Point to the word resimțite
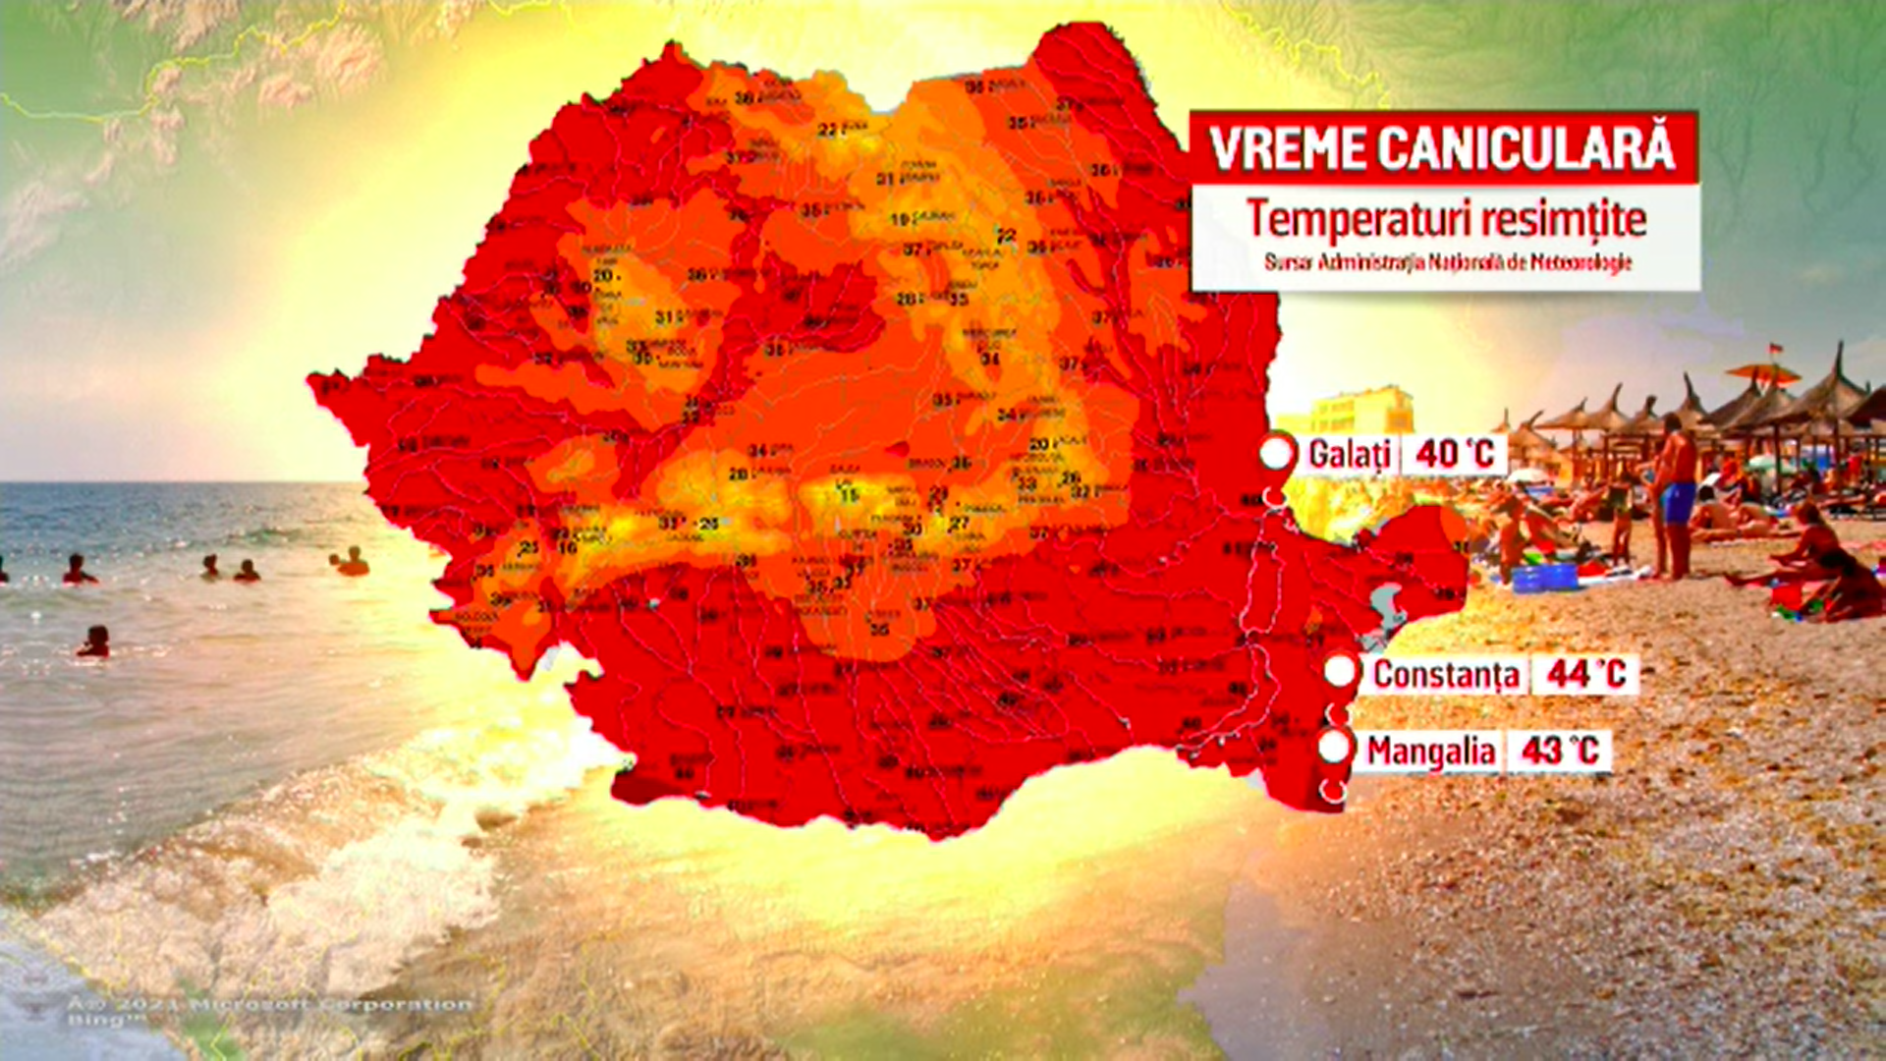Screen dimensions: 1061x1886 pos(1563,219)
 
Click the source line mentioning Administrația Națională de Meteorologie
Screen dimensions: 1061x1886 pos(1447,262)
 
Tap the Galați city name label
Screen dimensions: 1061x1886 pos(1350,454)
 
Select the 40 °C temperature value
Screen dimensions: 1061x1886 pos(1454,454)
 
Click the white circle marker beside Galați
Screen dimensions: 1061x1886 pos(1276,453)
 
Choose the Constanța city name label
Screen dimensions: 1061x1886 pos(1446,674)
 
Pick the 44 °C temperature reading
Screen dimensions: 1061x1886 pos(1585,674)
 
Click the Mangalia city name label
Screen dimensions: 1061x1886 pos(1430,752)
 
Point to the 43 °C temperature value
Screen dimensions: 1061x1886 pos(1559,752)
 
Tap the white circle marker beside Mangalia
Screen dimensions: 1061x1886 pos(1334,748)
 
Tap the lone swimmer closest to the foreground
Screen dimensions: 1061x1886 pos(94,642)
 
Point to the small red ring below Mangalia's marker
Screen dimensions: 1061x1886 pos(1333,790)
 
